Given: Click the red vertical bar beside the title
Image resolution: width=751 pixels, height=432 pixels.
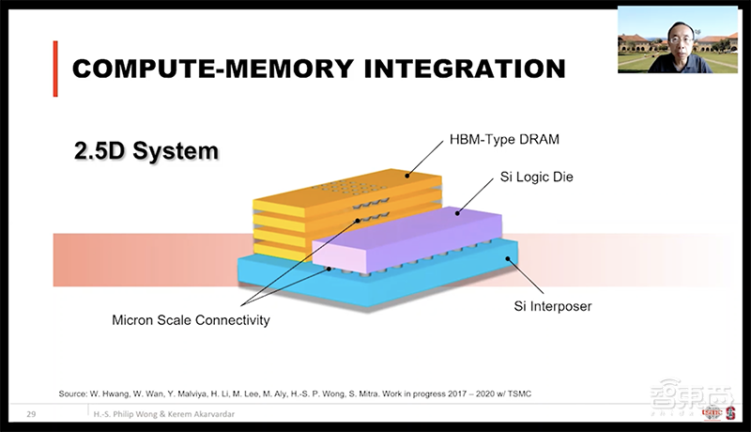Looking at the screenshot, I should pyautogui.click(x=56, y=69).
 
